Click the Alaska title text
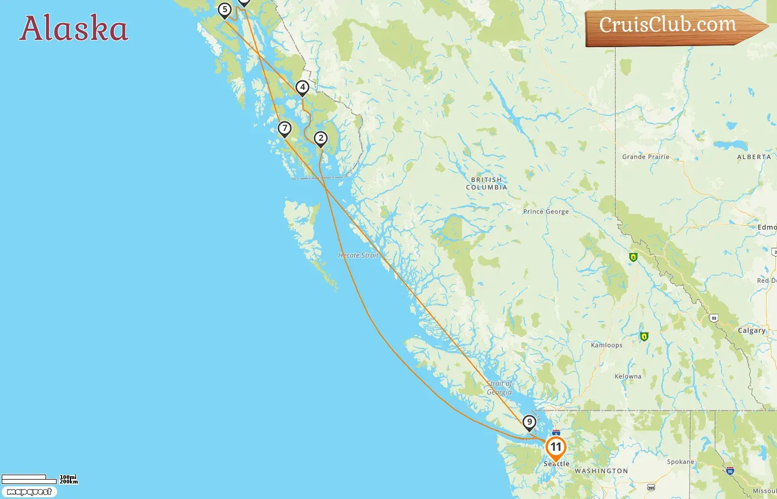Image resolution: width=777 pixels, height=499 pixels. [x=74, y=28]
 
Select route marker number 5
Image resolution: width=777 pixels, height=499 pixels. [x=225, y=10]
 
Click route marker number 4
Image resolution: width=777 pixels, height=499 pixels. [x=302, y=88]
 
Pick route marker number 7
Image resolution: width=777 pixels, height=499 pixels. [x=285, y=129]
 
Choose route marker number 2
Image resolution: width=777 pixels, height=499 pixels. [x=321, y=139]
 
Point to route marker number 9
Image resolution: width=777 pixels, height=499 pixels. [x=529, y=423]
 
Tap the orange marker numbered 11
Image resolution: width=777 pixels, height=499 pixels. [x=556, y=447]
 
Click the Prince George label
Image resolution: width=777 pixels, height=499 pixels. [x=546, y=211]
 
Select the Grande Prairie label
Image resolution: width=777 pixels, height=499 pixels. [x=645, y=157]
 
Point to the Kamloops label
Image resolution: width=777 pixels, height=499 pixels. [x=607, y=345]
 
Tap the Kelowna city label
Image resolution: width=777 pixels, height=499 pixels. [x=628, y=376]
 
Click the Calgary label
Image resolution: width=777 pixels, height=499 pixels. [x=751, y=330]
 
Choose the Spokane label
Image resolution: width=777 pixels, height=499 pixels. [x=680, y=462]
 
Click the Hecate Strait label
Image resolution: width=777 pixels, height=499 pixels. [x=358, y=256]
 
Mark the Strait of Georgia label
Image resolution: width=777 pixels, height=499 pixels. [x=500, y=388]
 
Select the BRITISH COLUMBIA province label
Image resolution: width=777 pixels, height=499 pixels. [x=486, y=184]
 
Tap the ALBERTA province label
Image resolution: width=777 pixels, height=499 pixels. [x=754, y=157]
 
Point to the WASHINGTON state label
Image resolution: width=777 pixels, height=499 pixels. [x=601, y=471]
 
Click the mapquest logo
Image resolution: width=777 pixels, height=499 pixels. [x=29, y=492]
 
